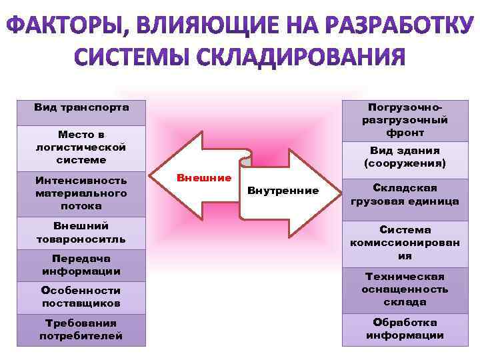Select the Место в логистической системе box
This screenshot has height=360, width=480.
pos(81,147)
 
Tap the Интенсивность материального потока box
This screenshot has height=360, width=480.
pos(81,193)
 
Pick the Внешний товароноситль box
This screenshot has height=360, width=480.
pos(81,232)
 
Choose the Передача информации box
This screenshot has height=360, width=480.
pos(81,265)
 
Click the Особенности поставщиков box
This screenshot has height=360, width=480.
pos(81,297)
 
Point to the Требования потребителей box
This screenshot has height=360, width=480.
pos(81,329)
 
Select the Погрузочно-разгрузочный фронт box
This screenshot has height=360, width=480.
pos(405,120)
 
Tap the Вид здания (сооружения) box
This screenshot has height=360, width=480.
pos(405,157)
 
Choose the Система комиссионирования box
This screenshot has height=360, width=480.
pos(405,242)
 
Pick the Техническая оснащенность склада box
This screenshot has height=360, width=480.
pos(405,289)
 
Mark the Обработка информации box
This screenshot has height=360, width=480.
pos(405,329)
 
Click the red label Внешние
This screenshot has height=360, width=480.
pos(204,178)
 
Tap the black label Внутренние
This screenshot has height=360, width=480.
pos(283,191)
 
